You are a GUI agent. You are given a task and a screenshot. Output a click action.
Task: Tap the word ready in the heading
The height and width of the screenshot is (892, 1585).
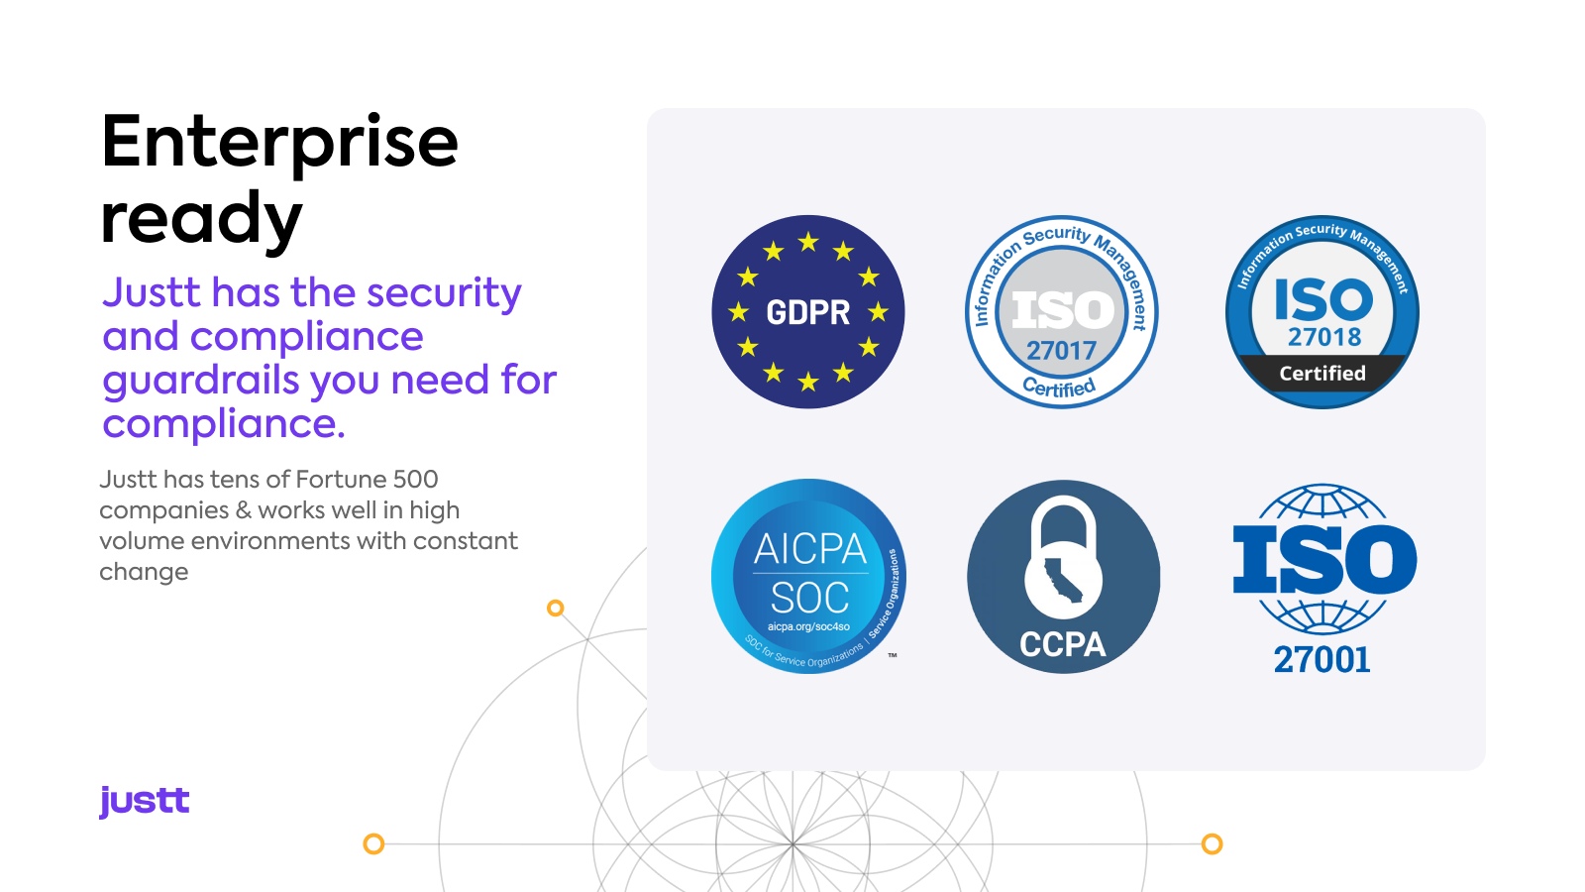pyautogui.click(x=202, y=219)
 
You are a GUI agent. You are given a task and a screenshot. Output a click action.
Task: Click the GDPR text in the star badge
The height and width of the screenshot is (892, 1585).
pyautogui.click(x=808, y=312)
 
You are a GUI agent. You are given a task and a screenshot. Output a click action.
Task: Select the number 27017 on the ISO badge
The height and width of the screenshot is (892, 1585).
pyautogui.click(x=1061, y=351)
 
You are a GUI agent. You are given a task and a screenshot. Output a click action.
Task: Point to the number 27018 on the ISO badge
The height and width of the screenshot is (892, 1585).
pyautogui.click(x=1323, y=337)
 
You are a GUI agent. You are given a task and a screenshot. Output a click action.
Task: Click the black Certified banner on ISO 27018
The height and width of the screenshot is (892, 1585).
pyautogui.click(x=1322, y=373)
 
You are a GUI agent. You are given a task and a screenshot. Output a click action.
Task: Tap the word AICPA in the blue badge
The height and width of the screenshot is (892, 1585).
pyautogui.click(x=810, y=549)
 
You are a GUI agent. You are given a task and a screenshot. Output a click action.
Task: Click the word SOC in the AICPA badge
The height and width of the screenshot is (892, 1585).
pyautogui.click(x=809, y=598)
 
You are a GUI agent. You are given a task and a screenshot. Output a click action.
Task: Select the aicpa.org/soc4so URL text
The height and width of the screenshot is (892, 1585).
pyautogui.click(x=808, y=626)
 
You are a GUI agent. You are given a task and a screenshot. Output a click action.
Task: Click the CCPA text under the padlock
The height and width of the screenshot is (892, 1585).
pyautogui.click(x=1063, y=645)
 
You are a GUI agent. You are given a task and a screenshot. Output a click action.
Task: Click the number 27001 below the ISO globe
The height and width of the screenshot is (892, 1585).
pyautogui.click(x=1321, y=660)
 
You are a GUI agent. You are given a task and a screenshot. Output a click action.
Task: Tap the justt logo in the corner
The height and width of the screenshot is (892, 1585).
pyautogui.click(x=145, y=802)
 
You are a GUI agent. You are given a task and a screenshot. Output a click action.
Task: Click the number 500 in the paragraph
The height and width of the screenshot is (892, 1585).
pyautogui.click(x=415, y=480)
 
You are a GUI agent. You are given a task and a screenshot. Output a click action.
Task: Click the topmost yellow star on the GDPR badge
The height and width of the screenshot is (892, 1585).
pyautogui.click(x=808, y=242)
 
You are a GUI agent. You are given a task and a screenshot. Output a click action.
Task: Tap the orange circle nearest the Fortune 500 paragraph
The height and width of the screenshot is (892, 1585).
pyautogui.click(x=556, y=608)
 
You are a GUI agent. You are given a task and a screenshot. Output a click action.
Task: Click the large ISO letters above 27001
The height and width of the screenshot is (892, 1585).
pyautogui.click(x=1324, y=559)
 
